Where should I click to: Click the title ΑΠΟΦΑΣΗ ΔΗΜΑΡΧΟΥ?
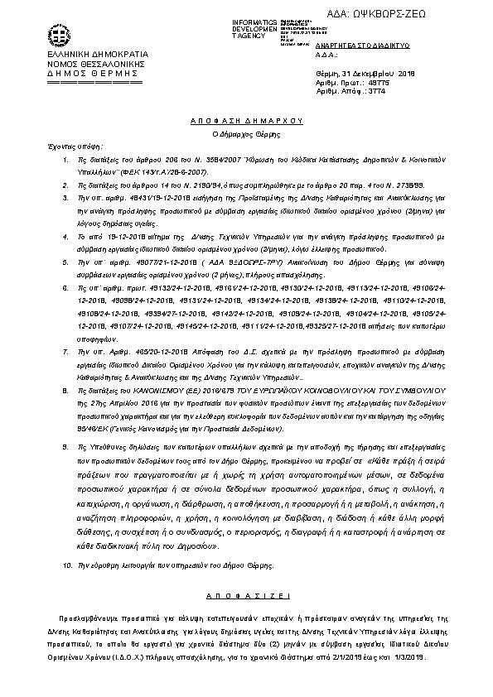click(245, 120)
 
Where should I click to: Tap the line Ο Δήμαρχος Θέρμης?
click(245, 132)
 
